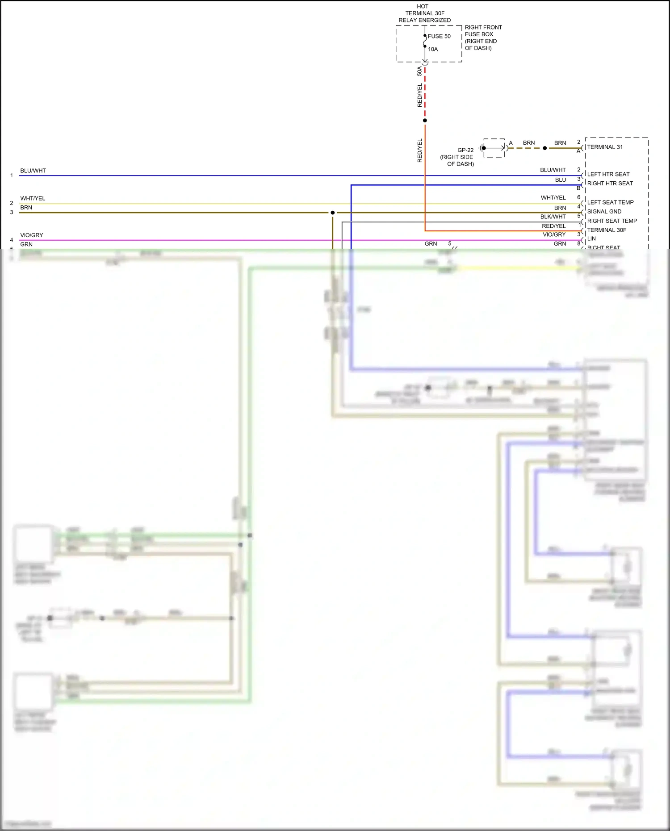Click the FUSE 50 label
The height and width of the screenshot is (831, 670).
coord(439,36)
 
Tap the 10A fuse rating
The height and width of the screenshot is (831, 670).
coord(433,49)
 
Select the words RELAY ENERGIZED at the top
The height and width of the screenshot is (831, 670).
coord(424,20)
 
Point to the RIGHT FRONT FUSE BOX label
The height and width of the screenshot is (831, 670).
coord(483,31)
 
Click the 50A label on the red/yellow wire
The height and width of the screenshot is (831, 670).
coord(419,71)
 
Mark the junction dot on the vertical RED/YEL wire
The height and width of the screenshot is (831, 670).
coord(425,121)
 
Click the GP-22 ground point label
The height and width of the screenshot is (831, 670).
coord(465,150)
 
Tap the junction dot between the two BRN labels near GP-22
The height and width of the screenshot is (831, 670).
coord(544,148)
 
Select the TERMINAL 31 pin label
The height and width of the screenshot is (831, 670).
coord(605,147)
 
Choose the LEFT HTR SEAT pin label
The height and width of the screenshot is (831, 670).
coord(608,174)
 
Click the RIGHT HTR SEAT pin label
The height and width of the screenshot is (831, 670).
coord(610,184)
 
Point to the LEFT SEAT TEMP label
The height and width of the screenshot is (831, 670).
coord(610,202)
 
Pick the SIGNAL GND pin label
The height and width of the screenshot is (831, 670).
coord(604,212)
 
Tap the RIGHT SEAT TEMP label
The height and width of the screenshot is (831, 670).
coord(612,221)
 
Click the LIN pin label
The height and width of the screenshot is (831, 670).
coord(591,239)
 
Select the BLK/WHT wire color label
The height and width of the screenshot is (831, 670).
coord(553,217)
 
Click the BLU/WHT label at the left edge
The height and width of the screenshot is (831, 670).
coord(33,171)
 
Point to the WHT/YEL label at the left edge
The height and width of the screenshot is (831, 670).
coord(33,198)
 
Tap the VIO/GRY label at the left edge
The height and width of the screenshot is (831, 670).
coord(32,235)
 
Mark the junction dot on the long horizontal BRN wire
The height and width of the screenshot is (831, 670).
coord(332,213)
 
